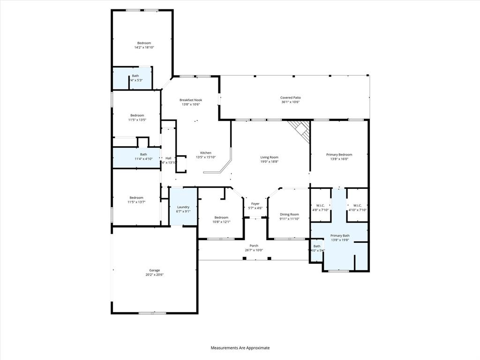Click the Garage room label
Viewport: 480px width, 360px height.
coord(155,270)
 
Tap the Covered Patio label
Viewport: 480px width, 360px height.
coord(291,97)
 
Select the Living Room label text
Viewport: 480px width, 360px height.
coord(270,157)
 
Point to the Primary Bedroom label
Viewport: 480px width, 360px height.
coord(339,155)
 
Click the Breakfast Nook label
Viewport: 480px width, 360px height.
coord(191,100)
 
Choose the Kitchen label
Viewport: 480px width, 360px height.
coord(206,153)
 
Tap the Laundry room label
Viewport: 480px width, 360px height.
coord(183,207)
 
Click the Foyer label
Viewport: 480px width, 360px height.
coord(255,204)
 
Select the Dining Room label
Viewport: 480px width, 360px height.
coord(289,214)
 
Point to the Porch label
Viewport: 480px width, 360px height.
coord(254,246)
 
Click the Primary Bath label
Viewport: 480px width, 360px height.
coord(340,236)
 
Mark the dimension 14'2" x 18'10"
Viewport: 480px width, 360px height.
coord(144,47)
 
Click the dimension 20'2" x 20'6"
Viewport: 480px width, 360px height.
coord(155,275)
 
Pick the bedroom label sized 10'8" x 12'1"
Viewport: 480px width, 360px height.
coord(221,217)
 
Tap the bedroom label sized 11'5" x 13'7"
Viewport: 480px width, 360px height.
coord(137,198)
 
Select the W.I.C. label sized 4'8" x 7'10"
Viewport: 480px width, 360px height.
coord(321,205)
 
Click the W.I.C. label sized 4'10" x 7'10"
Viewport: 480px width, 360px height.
coord(357,205)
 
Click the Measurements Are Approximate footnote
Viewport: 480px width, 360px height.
coord(240,348)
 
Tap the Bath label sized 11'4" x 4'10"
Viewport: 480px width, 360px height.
coord(143,154)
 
